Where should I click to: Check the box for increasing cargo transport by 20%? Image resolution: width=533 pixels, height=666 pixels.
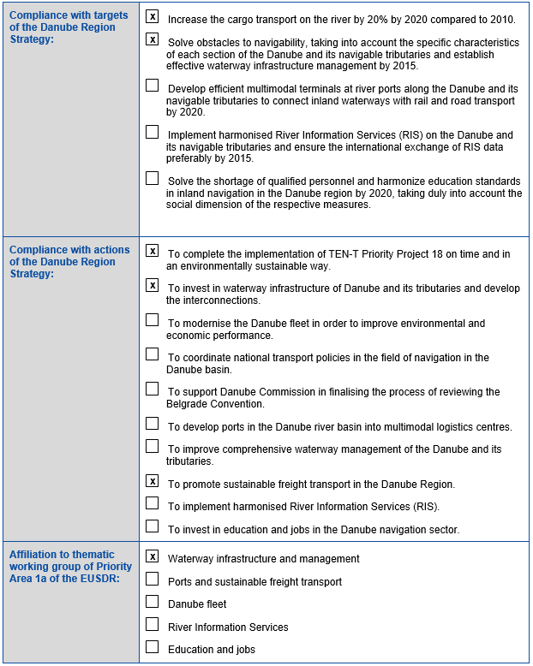pyautogui.click(x=153, y=16)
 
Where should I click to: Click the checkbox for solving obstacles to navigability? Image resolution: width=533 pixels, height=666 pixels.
pyautogui.click(x=153, y=39)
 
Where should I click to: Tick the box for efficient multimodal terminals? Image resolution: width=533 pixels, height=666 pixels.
pyautogui.click(x=153, y=86)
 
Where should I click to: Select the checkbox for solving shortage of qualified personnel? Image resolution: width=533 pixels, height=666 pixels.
pyautogui.click(x=153, y=178)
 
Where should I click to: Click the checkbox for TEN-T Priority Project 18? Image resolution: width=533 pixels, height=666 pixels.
pyautogui.click(x=153, y=251)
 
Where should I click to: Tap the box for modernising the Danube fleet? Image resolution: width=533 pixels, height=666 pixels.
pyautogui.click(x=153, y=320)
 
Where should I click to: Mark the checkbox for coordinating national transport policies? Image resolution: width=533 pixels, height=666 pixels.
pyautogui.click(x=153, y=354)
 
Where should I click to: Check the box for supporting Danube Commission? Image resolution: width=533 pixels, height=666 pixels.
pyautogui.click(x=153, y=389)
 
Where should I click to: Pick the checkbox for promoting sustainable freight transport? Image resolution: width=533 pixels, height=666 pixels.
pyautogui.click(x=153, y=481)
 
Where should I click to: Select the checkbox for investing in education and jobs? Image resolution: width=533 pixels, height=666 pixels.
pyautogui.click(x=153, y=526)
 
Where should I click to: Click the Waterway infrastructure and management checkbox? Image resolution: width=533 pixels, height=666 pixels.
pyautogui.click(x=153, y=556)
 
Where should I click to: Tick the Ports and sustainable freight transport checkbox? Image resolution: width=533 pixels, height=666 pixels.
pyautogui.click(x=153, y=579)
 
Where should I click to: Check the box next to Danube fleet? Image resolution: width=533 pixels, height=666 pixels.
pyautogui.click(x=153, y=602)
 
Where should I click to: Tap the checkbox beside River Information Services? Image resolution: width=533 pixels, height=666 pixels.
pyautogui.click(x=153, y=624)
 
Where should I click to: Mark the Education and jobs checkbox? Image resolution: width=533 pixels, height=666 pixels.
pyautogui.click(x=153, y=647)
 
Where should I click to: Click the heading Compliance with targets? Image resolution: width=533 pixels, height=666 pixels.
pyautogui.click(x=69, y=15)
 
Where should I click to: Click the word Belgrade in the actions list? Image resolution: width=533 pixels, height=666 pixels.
pyautogui.click(x=187, y=404)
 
